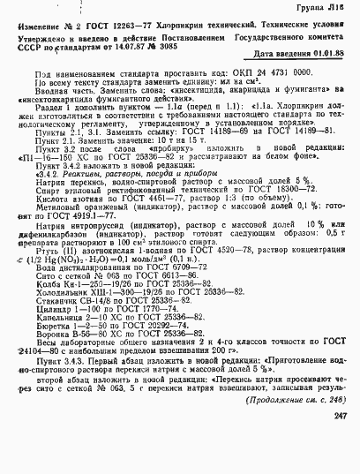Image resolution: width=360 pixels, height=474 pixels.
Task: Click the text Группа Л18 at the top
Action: pos(330,7)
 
